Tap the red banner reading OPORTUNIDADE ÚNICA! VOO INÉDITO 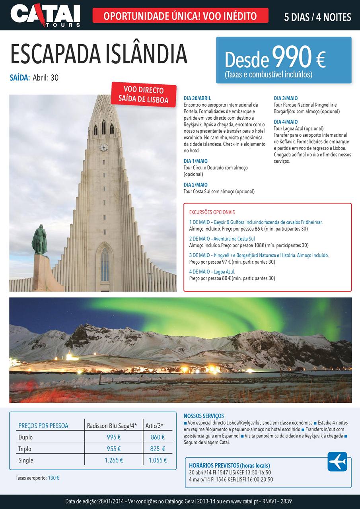point(180,16)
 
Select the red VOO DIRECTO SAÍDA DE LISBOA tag point(144,95)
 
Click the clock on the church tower point(103,148)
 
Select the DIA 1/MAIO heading point(195,161)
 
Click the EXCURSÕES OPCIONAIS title point(212,212)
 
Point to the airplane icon point(337,462)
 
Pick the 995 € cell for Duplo point(114,437)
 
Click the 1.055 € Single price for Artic point(158,460)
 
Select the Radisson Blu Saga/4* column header point(112,426)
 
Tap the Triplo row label point(25,449)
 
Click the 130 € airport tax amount point(53,478)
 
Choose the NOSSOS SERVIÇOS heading point(204,416)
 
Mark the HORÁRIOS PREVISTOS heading point(230,465)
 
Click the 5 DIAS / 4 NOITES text point(317,17)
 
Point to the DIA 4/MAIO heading point(286,122)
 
